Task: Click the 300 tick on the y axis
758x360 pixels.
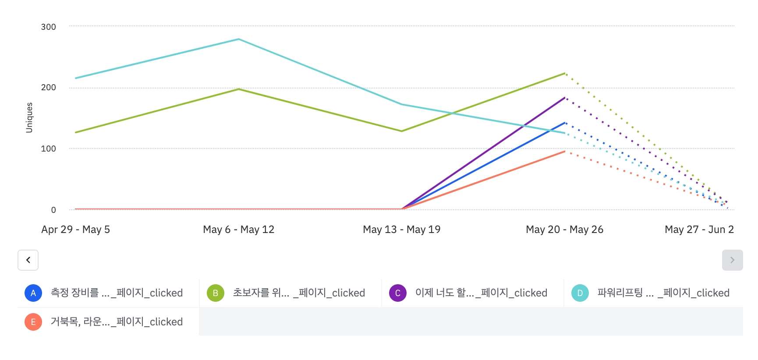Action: pyautogui.click(x=49, y=27)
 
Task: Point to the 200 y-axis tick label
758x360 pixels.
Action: pyautogui.click(x=49, y=88)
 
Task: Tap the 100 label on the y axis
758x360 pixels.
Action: pyautogui.click(x=49, y=149)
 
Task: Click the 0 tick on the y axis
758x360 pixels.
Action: pyautogui.click(x=53, y=210)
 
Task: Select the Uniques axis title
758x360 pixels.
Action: pyautogui.click(x=29, y=117)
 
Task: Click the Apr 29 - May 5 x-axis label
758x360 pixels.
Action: pyautogui.click(x=76, y=229)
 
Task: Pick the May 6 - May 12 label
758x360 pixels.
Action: pyautogui.click(x=239, y=229)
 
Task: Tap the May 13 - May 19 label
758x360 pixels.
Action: pyautogui.click(x=402, y=229)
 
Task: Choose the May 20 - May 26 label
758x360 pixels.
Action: pyautogui.click(x=565, y=229)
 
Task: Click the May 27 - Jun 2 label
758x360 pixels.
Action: pyautogui.click(x=699, y=229)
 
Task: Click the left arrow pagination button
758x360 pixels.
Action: pyautogui.click(x=28, y=260)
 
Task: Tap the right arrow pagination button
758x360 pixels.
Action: pyautogui.click(x=732, y=260)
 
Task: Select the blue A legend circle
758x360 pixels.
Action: pyautogui.click(x=33, y=293)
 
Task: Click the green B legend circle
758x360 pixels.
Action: pyautogui.click(x=216, y=293)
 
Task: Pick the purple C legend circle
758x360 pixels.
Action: pyautogui.click(x=398, y=293)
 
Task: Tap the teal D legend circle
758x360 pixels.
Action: pyautogui.click(x=580, y=293)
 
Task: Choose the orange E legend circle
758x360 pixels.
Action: pyautogui.click(x=33, y=322)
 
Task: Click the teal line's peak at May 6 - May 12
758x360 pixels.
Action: pyautogui.click(x=239, y=39)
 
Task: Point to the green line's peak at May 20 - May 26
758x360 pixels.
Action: pyautogui.click(x=565, y=73)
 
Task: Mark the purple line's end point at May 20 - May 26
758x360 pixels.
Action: pyautogui.click(x=565, y=97)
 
